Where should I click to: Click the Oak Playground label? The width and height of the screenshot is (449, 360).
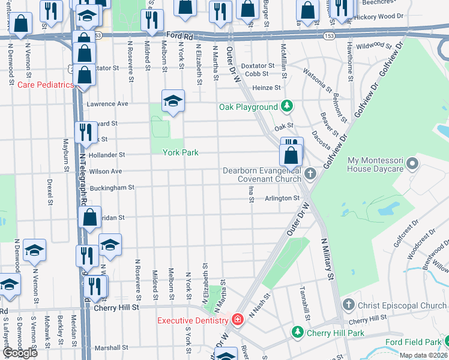tap(248, 107)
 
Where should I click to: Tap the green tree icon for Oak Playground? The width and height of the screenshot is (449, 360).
tap(288, 107)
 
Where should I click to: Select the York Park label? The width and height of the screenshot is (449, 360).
tap(180, 152)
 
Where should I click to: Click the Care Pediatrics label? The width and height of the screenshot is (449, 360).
tap(46, 85)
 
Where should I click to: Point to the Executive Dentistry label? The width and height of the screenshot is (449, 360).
tap(194, 320)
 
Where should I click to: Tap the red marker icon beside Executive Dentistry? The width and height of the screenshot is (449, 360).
tap(238, 319)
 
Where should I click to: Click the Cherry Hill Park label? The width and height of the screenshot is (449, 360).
tap(335, 333)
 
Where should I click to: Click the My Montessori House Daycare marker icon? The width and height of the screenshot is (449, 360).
tap(412, 163)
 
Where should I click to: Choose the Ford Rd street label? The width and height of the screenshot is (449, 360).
tap(179, 36)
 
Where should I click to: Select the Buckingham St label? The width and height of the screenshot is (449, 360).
tap(112, 188)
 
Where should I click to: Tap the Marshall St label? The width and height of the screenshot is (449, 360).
tap(112, 347)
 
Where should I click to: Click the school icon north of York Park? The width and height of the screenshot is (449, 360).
tap(173, 101)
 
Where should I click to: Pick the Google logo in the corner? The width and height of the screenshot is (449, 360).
tap(19, 352)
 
